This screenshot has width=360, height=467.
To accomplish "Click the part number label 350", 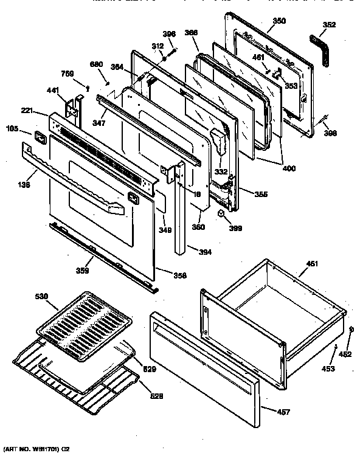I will point(279,21).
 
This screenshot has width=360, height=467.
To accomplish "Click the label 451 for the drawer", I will point(311,264).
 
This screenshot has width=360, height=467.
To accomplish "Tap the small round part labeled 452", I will point(351,328).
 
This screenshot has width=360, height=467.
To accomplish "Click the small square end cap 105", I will point(39,137).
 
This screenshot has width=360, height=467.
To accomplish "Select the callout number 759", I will point(69,76).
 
